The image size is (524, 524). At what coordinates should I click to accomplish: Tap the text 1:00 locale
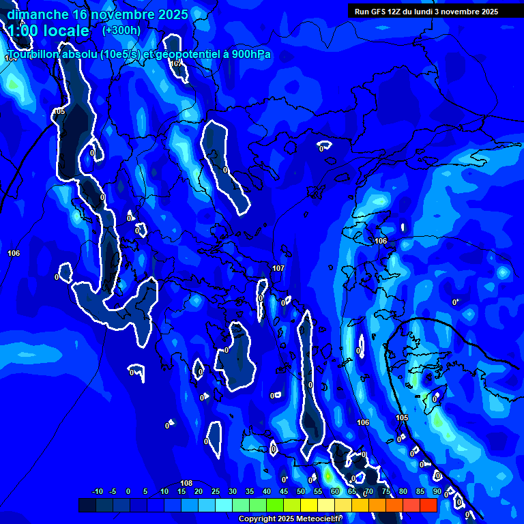(48, 31)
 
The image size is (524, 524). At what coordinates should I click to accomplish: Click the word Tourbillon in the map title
(33, 55)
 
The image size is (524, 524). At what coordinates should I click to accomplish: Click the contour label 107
(278, 268)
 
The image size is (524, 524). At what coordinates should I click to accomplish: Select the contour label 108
(186, 483)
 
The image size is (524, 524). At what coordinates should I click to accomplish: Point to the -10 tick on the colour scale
(96, 491)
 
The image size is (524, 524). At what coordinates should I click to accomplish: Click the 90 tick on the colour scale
(436, 491)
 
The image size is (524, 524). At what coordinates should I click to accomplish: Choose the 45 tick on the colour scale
(283, 491)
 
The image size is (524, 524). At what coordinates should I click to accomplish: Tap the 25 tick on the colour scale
(215, 491)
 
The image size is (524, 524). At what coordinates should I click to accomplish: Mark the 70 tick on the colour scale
(368, 491)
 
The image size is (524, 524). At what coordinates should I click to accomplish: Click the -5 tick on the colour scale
(113, 491)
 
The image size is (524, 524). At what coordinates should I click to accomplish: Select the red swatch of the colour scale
(428, 505)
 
